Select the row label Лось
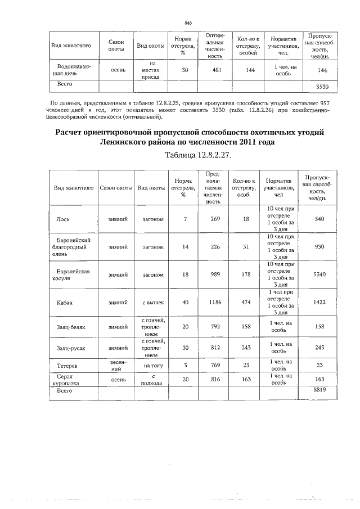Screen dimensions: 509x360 (63, 219)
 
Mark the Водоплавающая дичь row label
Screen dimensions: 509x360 (72, 70)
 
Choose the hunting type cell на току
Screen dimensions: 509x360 (152, 365)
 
